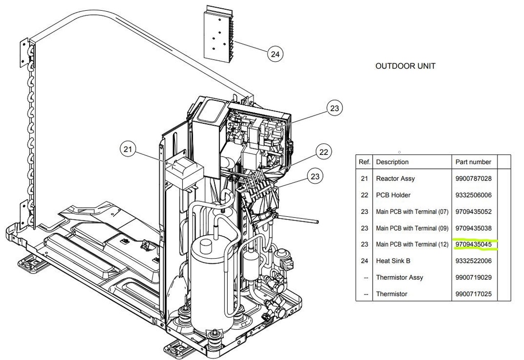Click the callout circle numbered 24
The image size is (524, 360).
click(x=275, y=53)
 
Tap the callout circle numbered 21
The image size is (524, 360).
click(x=128, y=150)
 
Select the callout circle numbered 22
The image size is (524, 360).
click(x=323, y=152)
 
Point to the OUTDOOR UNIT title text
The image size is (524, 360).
click(x=405, y=66)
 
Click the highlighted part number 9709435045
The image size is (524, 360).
click(x=473, y=244)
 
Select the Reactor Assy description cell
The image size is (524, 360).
click(x=395, y=178)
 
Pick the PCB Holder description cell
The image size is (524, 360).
click(x=393, y=195)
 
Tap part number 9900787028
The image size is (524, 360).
click(x=473, y=178)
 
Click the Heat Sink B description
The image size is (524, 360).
click(x=393, y=261)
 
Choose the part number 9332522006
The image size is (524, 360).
click(x=473, y=261)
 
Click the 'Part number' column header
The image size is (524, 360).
click(x=473, y=162)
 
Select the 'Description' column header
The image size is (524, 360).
click(x=392, y=162)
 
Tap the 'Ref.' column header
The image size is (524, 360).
click(x=364, y=162)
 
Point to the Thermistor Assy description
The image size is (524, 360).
click(x=399, y=277)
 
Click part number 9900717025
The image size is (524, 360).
click(x=473, y=294)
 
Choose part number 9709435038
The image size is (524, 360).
click(x=473, y=228)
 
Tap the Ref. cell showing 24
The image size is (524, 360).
click(x=364, y=261)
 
